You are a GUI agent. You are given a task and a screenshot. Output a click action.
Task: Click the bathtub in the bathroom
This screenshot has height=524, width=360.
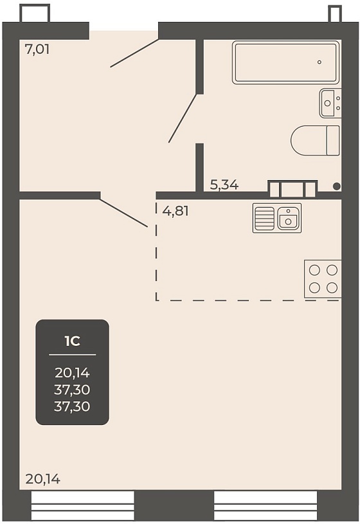pos(286,62)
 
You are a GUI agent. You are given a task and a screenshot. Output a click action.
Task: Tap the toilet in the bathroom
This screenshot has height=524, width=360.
pos(315,140)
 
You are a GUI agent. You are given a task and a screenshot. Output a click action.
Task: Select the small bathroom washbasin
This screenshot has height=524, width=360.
pos(330,103)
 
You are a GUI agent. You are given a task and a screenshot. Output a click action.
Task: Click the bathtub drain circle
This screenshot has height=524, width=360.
pos(319,62)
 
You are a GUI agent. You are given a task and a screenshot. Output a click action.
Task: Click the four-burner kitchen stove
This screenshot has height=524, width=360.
pos(323,278)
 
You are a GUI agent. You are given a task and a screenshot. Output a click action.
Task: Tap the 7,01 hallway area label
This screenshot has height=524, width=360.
pos(37,50)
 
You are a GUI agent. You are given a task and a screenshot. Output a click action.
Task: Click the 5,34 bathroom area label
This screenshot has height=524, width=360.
pos(224,185)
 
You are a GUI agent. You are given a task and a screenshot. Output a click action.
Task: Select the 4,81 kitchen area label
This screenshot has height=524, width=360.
pos(175,211)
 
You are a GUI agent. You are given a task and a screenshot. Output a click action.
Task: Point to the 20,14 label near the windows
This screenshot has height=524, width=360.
pos(43,479)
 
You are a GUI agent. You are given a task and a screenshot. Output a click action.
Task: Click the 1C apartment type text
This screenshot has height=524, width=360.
pos(72,341)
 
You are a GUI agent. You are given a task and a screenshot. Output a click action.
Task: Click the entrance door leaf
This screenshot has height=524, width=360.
pos(134,53)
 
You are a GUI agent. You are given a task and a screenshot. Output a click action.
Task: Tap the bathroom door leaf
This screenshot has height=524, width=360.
pos(183,118)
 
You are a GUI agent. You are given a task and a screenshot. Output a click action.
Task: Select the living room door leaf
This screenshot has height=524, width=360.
pos(123,213)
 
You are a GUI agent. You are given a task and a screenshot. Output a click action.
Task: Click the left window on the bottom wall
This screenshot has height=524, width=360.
pos(82,505)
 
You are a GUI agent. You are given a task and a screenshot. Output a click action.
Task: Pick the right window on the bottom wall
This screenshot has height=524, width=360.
pos(265,505)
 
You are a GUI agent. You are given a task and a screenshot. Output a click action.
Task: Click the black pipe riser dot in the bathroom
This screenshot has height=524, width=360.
pos(337,186)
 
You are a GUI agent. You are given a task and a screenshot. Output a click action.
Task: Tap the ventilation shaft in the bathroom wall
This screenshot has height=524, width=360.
pos(292,189)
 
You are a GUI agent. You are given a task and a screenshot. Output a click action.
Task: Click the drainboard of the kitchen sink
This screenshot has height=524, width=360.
pos(264,218)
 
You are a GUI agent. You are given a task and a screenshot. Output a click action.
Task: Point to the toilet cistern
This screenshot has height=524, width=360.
pos(333,140)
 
